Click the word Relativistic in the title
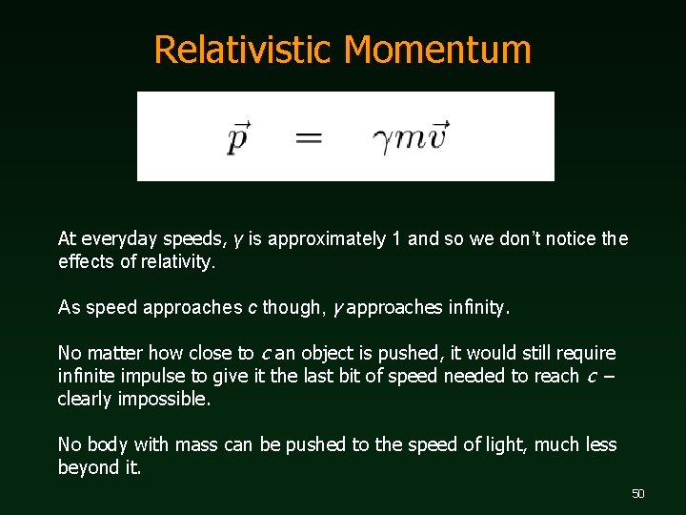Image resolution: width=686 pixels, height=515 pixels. tap(243, 50)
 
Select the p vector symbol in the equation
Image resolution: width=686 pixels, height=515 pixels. tap(239, 137)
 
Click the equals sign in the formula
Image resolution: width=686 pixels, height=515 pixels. tap(309, 139)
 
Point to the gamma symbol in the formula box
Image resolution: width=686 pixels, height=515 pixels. tap(382, 140)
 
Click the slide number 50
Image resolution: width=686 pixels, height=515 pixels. tap(637, 493)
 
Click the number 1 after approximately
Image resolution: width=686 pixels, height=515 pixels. tap(396, 238)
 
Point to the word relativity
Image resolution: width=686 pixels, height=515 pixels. tap(178, 261)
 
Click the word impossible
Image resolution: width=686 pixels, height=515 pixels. tap(164, 399)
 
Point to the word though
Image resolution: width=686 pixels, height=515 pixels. tap(287, 307)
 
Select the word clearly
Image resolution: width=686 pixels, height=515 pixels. tap(85, 399)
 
